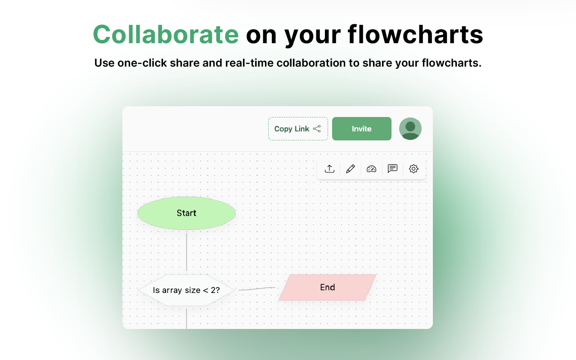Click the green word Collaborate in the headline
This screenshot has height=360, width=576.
point(166,34)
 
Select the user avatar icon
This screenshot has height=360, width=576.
point(410,129)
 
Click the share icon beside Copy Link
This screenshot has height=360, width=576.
point(317,129)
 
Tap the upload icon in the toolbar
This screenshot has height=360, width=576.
point(329,169)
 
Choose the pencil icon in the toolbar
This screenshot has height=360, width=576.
point(351,169)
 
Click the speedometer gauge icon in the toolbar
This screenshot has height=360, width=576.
point(371,169)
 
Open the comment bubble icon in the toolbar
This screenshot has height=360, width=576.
point(392,169)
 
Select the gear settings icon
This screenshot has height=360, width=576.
point(414,169)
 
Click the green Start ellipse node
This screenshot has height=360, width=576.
point(186,213)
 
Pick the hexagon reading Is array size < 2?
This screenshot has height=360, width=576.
point(186,290)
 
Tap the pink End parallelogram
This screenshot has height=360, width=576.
point(328,287)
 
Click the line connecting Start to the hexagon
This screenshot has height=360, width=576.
point(186,252)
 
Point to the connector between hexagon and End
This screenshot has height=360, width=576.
point(256,289)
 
